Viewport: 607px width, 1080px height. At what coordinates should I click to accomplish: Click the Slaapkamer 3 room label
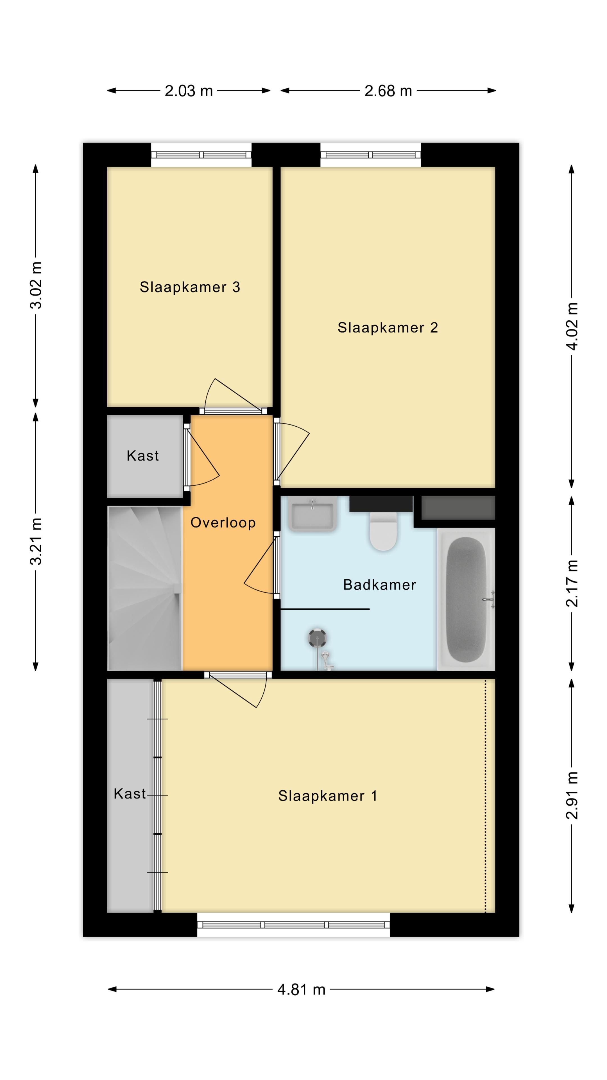coord(190,287)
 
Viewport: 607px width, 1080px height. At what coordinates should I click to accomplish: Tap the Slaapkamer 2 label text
coord(388,327)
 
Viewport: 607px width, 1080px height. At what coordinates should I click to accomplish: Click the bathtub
coord(466,600)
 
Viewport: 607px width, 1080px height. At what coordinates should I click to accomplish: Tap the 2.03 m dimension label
coord(189,91)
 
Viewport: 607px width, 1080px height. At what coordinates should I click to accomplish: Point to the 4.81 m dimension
coord(301,989)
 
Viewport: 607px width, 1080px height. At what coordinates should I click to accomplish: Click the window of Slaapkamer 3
coord(201,155)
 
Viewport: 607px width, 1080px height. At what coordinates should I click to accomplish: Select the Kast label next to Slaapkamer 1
coord(130,794)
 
